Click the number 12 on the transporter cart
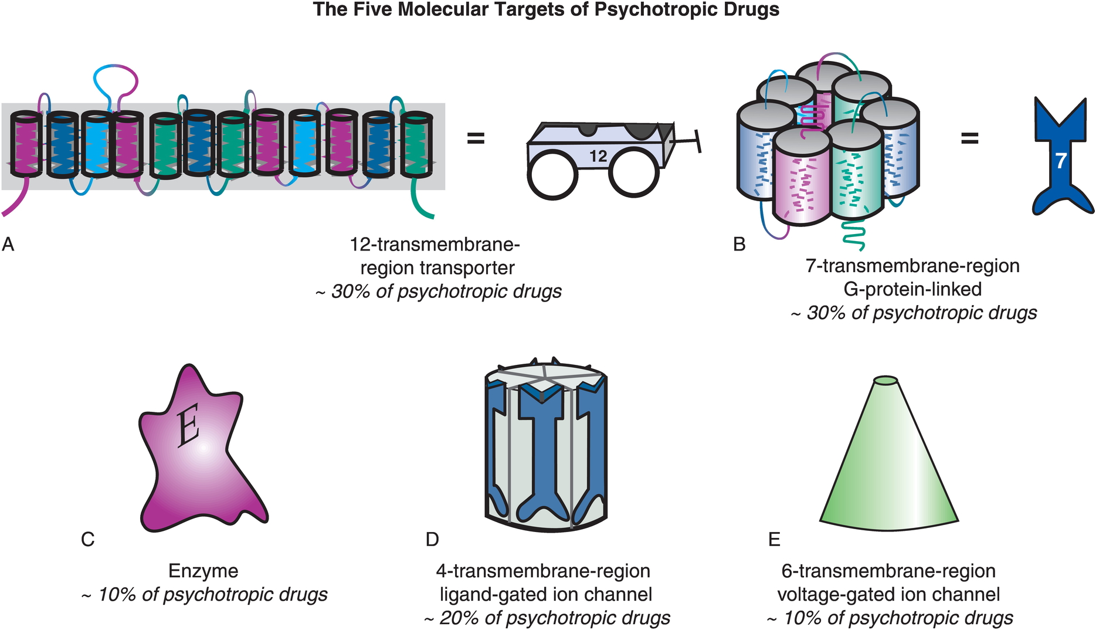[x=598, y=156]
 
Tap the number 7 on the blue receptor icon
[x=1060, y=160]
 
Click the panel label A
[x=8, y=244]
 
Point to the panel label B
[x=739, y=244]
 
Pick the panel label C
[x=88, y=539]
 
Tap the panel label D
[x=432, y=539]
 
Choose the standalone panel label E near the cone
[x=774, y=539]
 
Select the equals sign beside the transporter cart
[x=476, y=139]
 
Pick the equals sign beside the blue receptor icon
[x=969, y=139]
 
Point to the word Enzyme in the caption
[x=203, y=571]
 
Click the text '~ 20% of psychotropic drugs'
[x=547, y=618]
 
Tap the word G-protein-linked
[x=913, y=289]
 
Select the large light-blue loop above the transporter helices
[x=116, y=85]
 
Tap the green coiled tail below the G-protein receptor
[x=853, y=233]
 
